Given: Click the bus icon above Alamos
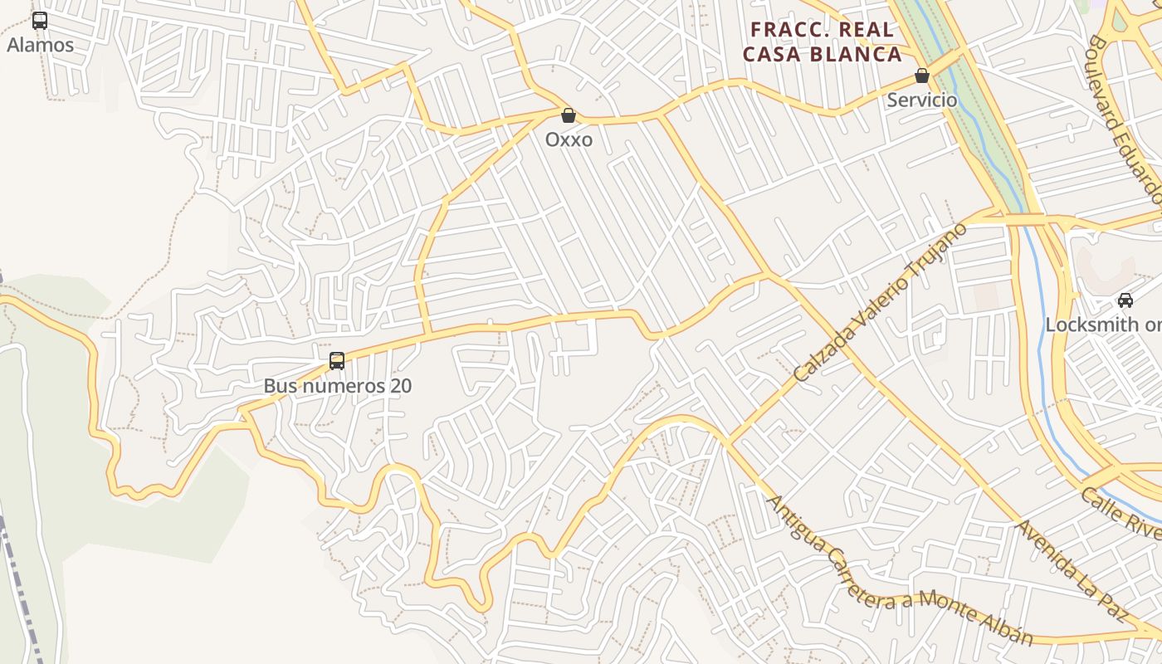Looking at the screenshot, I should [x=40, y=21].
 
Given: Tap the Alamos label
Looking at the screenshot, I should [x=40, y=45].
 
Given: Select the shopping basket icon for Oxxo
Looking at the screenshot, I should [x=569, y=115].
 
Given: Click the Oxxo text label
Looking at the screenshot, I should [x=569, y=139].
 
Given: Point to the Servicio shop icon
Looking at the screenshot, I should [x=921, y=76].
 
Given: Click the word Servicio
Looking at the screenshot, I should [x=921, y=100].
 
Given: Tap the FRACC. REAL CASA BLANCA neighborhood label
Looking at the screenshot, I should [x=822, y=42].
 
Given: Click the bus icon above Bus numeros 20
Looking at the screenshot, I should [x=336, y=361].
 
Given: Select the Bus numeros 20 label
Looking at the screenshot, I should [x=337, y=386].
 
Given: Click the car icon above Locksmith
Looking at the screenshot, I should [x=1125, y=300].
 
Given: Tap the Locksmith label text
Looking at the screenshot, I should [x=1103, y=325].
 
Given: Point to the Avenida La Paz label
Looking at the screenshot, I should [x=1072, y=571].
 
